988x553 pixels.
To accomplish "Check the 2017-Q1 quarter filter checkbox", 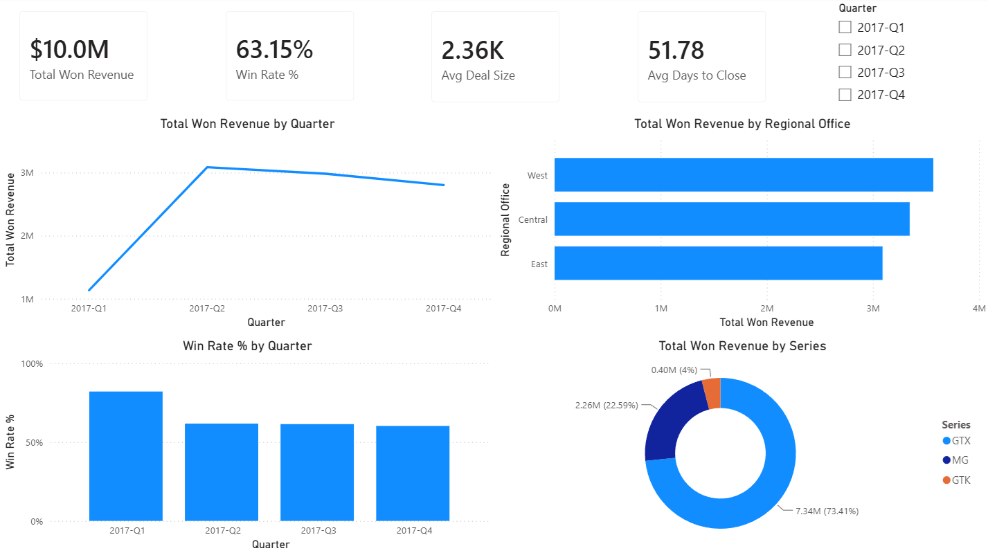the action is coord(845,28).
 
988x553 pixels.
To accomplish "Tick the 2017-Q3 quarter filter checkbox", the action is coord(845,72).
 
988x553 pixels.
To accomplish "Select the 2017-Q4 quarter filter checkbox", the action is coord(845,95).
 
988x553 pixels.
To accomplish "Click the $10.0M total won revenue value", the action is coord(69,49).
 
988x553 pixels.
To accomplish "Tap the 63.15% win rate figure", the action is coord(274,49).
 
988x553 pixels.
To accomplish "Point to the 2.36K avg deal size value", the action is coord(472,51).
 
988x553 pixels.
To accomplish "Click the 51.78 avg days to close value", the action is coord(676,51).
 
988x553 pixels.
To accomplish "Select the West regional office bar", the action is coord(744,174).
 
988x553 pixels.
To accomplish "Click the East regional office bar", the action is coord(719,263).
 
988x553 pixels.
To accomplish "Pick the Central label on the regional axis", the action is coord(533,219).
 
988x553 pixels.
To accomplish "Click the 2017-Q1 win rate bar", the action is coord(126,456).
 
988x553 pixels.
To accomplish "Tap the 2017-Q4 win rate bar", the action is coord(413,473).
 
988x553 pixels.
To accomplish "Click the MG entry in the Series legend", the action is coord(955,460).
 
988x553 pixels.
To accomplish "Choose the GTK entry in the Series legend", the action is coord(955,480).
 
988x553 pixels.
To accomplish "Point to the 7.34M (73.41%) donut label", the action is coord(827,511).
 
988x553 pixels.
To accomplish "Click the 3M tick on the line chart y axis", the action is coord(27,173).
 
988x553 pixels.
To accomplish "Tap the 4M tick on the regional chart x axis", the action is coord(979,308).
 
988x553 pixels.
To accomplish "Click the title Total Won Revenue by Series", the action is coord(742,346).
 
